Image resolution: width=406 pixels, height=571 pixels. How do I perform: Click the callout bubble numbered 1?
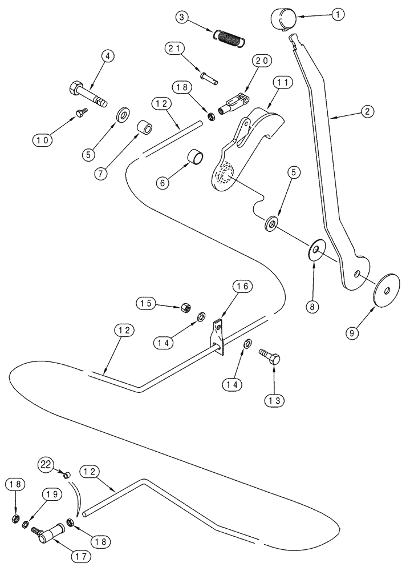pyautogui.click(x=338, y=15)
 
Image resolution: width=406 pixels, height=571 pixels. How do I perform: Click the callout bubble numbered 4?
pyautogui.click(x=107, y=57)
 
